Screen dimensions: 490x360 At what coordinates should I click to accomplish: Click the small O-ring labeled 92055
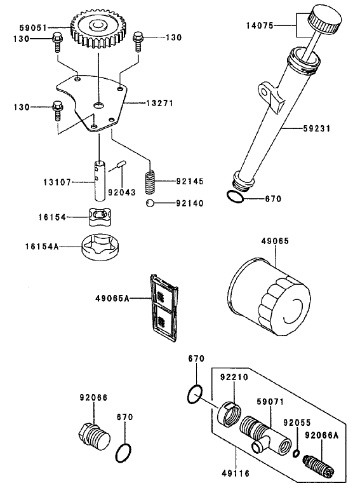point(297,453)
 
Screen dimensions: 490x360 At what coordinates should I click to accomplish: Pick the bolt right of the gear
point(139,43)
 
